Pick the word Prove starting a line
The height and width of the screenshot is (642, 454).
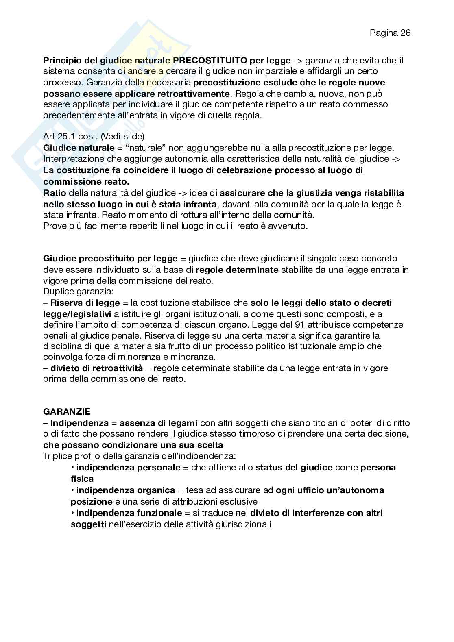(54, 226)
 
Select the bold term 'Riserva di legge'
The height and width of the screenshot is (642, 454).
(85, 303)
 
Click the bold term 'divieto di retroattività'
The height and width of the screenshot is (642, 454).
(96, 368)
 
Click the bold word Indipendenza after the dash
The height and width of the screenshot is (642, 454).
(79, 423)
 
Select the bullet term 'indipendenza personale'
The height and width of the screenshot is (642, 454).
(128, 468)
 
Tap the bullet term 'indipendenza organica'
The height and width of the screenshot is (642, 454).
(125, 490)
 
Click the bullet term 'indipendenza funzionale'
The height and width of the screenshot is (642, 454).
(129, 513)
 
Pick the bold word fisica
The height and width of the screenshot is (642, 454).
(82, 479)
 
